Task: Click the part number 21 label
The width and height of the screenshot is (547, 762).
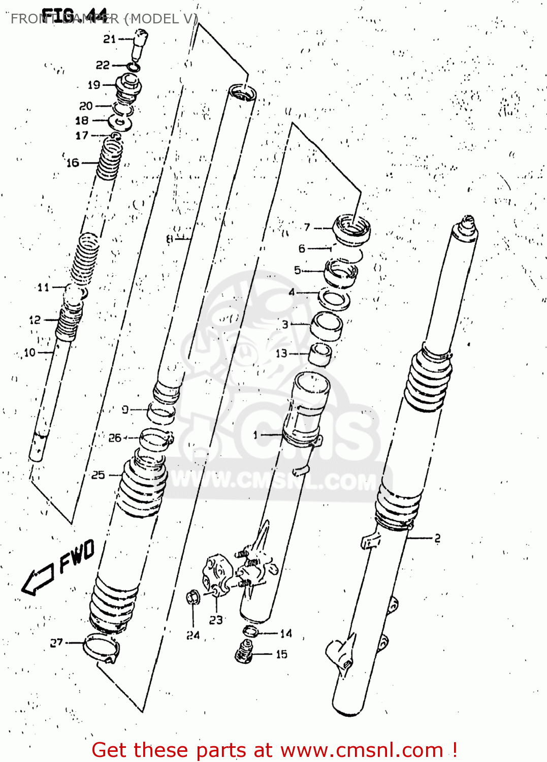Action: click(110, 39)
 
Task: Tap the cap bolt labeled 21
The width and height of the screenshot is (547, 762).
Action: click(139, 43)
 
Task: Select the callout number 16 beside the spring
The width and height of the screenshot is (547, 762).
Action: click(73, 163)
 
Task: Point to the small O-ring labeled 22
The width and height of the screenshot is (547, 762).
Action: click(134, 67)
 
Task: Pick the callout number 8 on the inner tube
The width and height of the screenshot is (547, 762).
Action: click(170, 238)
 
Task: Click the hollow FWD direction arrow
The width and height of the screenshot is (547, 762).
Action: click(38, 580)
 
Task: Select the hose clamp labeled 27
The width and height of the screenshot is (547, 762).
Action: click(101, 648)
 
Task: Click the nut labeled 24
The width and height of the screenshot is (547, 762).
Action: click(193, 597)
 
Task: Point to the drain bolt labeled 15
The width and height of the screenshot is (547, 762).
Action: click(244, 651)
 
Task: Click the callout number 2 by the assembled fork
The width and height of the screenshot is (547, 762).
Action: click(437, 538)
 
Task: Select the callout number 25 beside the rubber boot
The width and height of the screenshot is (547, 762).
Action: click(98, 475)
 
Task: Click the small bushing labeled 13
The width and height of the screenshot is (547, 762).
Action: click(320, 354)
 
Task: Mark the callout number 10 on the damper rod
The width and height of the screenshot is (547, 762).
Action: click(30, 352)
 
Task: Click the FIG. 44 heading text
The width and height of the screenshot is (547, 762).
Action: click(74, 15)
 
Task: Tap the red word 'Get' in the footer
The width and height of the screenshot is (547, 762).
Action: click(111, 750)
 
